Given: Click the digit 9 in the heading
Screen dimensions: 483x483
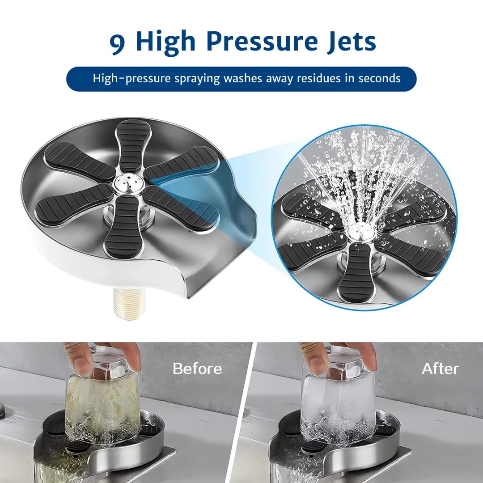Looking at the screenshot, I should (x=117, y=42).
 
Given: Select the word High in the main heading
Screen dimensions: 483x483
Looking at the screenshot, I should (x=165, y=42).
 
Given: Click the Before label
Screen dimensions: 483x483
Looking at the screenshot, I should (x=197, y=369).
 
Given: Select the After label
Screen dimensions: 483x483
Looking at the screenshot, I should (x=440, y=369).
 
